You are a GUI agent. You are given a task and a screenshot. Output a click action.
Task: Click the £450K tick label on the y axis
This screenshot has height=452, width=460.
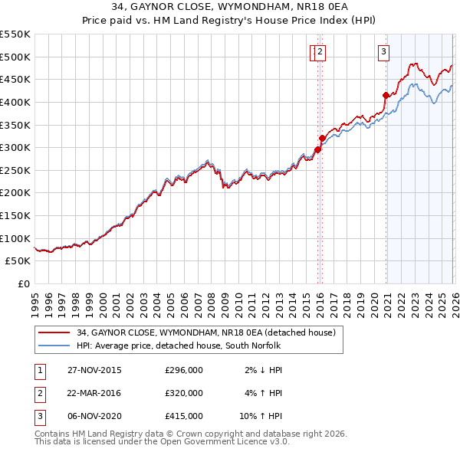15,79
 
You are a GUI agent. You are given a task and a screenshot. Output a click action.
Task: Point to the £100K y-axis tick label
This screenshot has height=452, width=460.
15,238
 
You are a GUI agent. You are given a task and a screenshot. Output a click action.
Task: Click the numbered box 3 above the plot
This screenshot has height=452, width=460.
383,52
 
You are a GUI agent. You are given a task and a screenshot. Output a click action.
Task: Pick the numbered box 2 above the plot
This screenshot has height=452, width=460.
320,52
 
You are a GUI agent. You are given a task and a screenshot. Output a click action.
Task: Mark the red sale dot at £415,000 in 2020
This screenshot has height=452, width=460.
385,95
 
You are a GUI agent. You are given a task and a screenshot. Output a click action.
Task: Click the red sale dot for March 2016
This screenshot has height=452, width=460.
321,139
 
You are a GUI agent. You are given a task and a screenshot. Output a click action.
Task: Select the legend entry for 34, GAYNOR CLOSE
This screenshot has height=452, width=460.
205,332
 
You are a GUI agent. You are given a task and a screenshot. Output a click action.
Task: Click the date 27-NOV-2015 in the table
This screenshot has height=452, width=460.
95,370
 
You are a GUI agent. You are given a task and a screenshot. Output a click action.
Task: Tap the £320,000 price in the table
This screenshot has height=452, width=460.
184,393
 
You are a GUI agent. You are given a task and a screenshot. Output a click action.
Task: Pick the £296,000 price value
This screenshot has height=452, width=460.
184,370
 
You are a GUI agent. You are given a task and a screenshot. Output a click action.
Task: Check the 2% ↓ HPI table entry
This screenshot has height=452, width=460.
264,370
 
